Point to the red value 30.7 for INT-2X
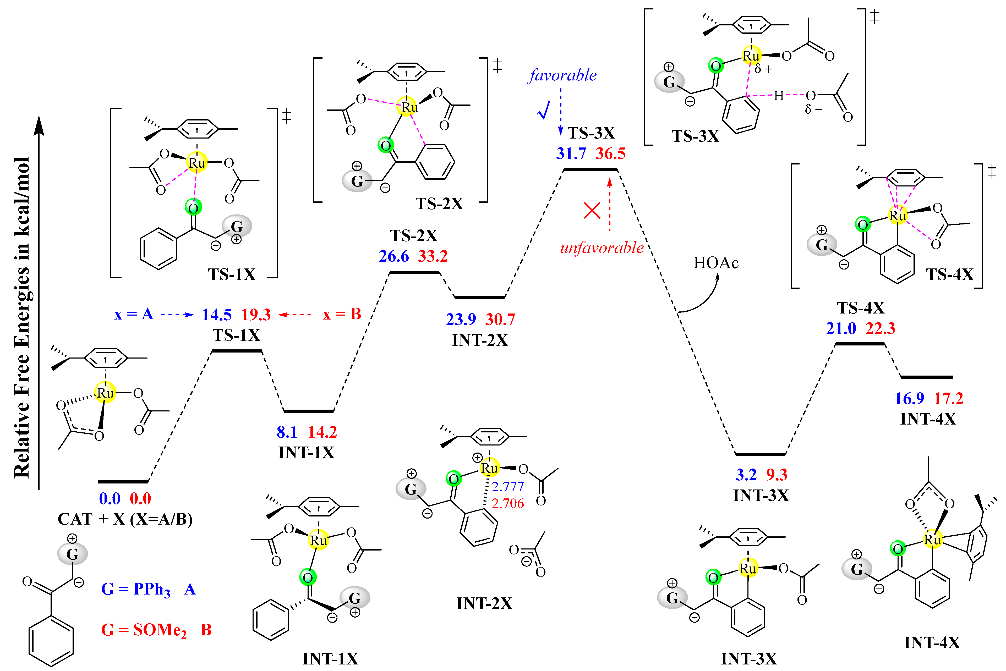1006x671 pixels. tap(500, 319)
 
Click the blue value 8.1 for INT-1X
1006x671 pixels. tap(287, 432)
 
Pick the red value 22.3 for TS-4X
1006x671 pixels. tap(880, 328)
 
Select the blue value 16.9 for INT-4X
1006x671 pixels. tap(909, 398)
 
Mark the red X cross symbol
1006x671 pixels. tap(592, 211)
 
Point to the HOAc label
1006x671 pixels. tap(716, 263)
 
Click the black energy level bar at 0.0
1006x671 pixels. tap(123, 482)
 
